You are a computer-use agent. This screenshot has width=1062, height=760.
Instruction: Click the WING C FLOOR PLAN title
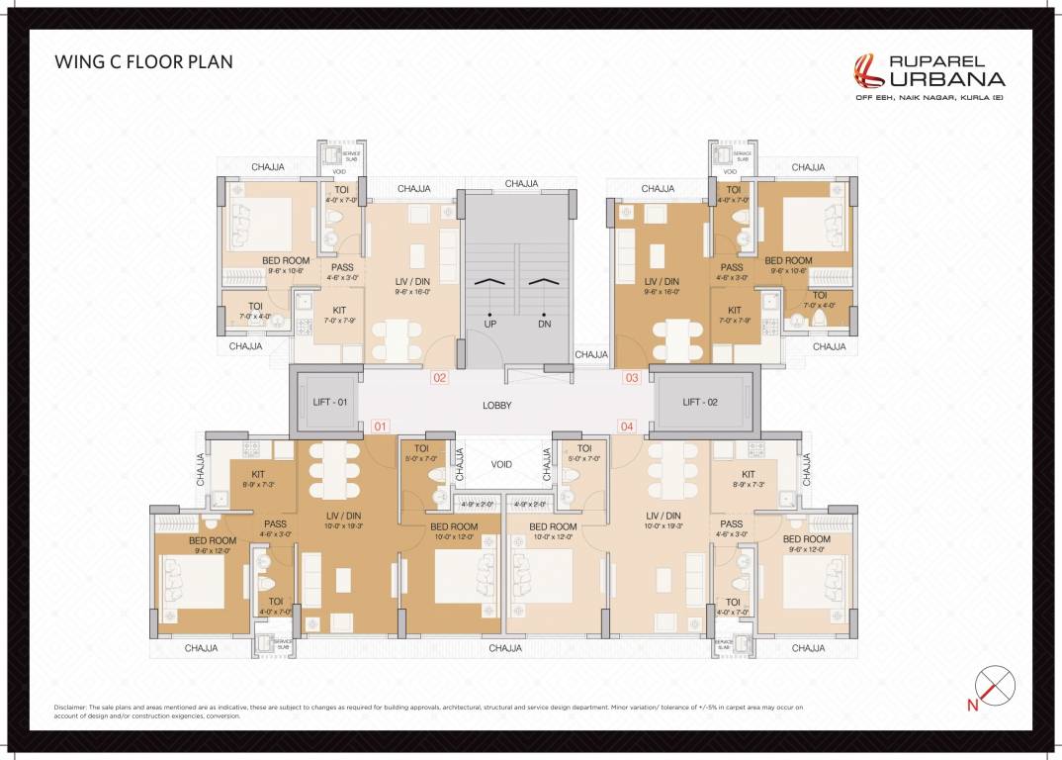(x=143, y=62)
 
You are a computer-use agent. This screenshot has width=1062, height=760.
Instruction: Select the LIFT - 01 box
(x=325, y=402)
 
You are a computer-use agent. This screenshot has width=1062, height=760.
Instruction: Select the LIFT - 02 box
(x=704, y=402)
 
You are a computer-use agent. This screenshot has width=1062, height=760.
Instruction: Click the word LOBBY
(x=496, y=406)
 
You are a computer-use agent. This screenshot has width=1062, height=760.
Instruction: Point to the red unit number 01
(x=381, y=426)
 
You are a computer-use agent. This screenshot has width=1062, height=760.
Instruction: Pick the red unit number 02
(x=440, y=377)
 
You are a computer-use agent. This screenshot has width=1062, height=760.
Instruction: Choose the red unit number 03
(x=631, y=377)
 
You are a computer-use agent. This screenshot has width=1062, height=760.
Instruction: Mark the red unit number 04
(x=626, y=426)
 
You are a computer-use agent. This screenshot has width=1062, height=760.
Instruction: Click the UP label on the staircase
(x=489, y=324)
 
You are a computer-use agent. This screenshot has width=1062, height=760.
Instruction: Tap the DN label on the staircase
(x=544, y=324)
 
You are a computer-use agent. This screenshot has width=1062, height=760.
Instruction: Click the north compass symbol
(x=995, y=686)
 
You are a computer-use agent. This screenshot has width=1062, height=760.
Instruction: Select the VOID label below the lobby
(x=502, y=464)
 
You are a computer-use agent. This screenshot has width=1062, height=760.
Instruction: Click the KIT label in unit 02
(x=339, y=310)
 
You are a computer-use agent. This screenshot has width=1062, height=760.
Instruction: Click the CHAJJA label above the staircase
(x=521, y=183)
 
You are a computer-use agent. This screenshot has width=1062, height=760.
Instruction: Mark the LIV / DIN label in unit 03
(x=662, y=281)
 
